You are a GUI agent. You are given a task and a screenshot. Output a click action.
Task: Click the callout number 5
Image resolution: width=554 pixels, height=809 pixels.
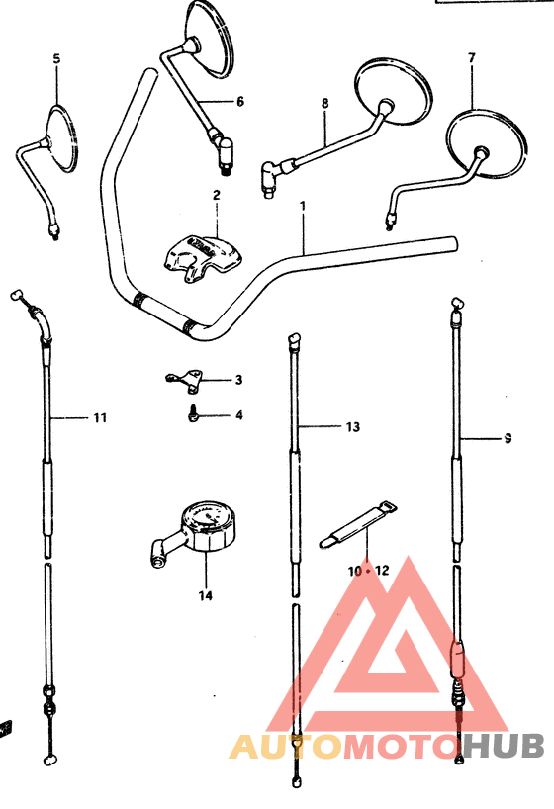tap(56, 58)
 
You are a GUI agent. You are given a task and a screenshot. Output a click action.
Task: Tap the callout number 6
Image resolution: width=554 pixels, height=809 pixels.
tap(240, 102)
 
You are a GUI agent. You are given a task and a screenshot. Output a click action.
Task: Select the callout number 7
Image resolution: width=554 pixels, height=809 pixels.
tap(471, 58)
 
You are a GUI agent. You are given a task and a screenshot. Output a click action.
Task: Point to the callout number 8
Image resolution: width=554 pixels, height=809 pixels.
tap(324, 103)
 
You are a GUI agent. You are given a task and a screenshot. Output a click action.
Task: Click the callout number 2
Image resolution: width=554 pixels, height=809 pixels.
tap(217, 195)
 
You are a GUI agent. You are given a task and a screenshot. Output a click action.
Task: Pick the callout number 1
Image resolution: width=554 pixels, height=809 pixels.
tap(303, 206)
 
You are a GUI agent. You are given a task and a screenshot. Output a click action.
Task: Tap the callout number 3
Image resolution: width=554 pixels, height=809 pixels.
tap(238, 380)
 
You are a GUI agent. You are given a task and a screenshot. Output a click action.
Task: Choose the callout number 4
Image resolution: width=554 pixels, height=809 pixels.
tap(239, 414)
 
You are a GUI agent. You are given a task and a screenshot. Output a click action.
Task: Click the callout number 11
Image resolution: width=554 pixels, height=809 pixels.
tap(100, 418)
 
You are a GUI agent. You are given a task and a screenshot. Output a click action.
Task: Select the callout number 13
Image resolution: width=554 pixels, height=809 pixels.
tap(352, 426)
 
